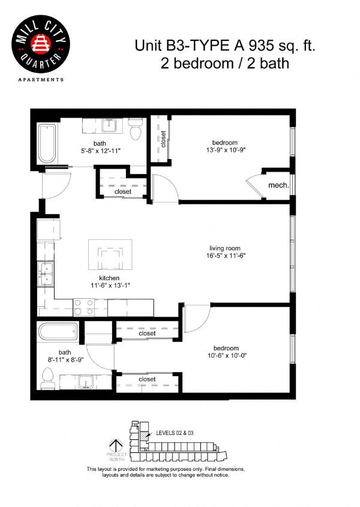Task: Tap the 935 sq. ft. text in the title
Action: pos(279,45)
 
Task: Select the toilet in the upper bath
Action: pos(136,127)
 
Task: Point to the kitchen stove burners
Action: pos(85,307)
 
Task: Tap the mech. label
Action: pos(279,185)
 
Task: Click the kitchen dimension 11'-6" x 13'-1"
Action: pos(110,286)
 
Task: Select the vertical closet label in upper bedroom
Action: pos(163,139)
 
